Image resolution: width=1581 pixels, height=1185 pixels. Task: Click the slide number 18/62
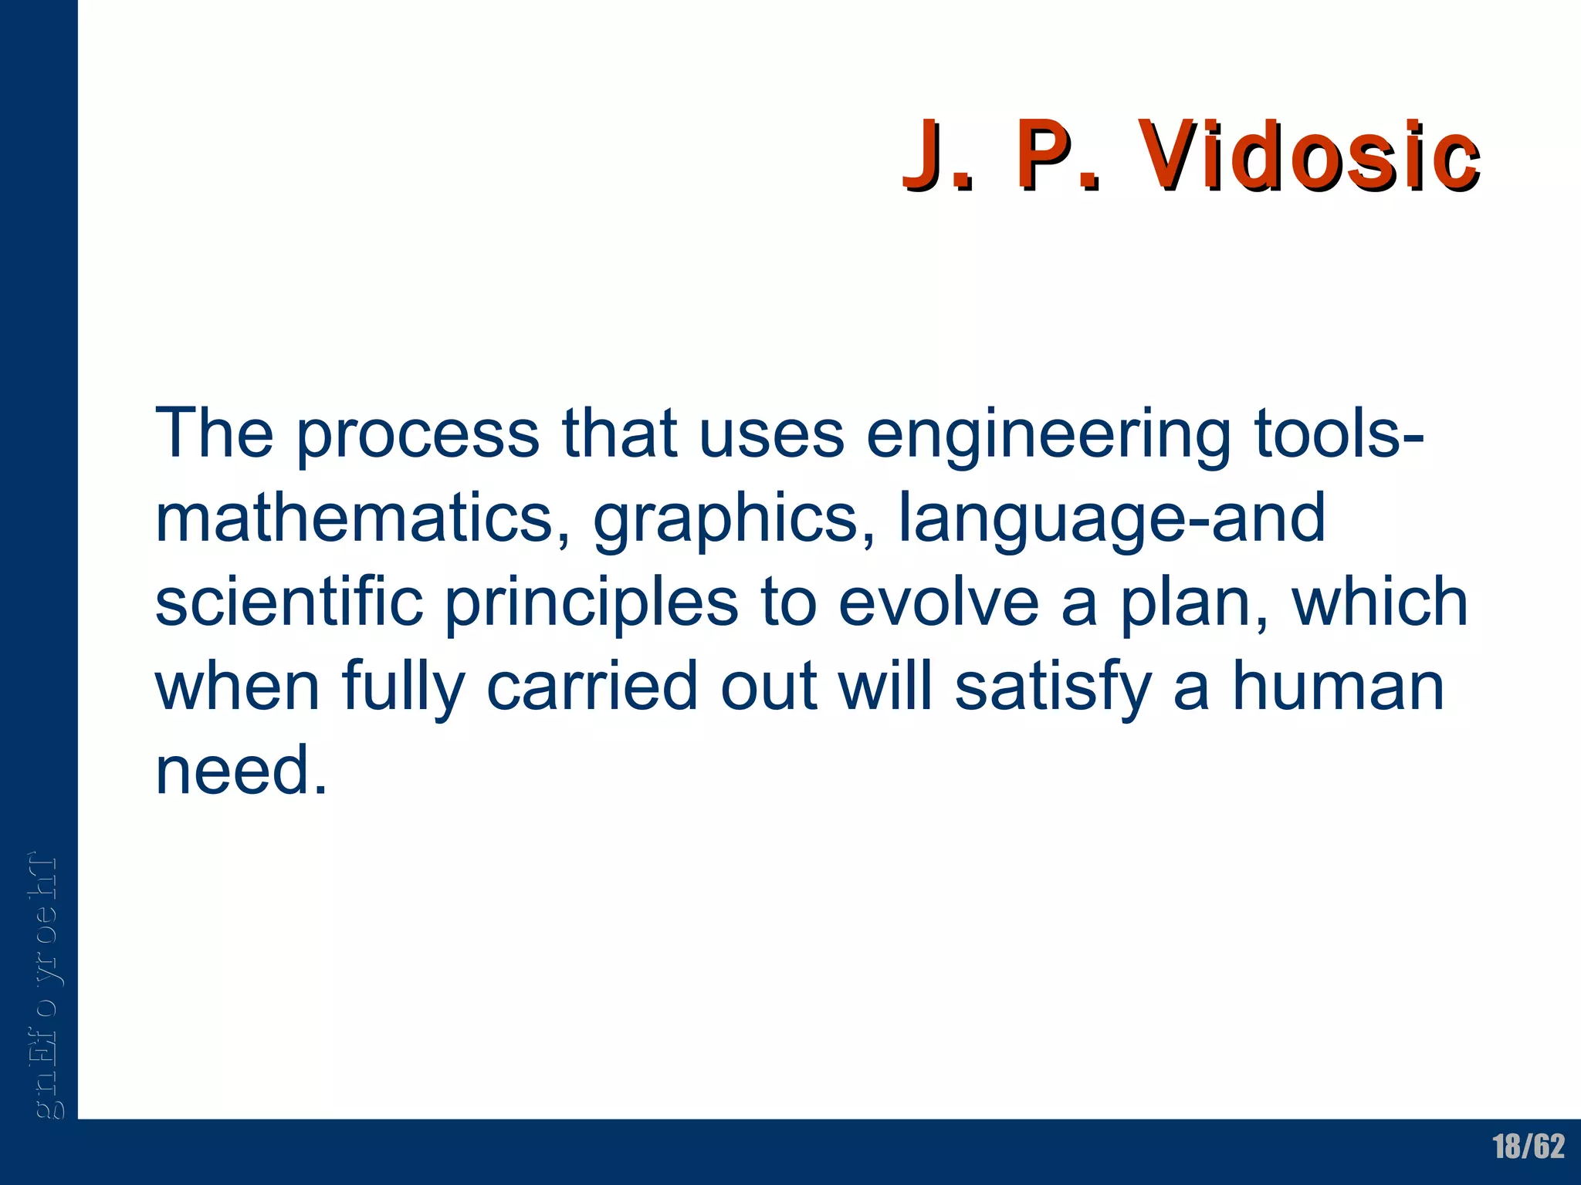pyautogui.click(x=1529, y=1147)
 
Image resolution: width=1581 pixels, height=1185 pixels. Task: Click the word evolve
pyautogui.click(x=939, y=603)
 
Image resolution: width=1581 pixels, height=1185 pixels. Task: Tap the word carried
pyautogui.click(x=592, y=687)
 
